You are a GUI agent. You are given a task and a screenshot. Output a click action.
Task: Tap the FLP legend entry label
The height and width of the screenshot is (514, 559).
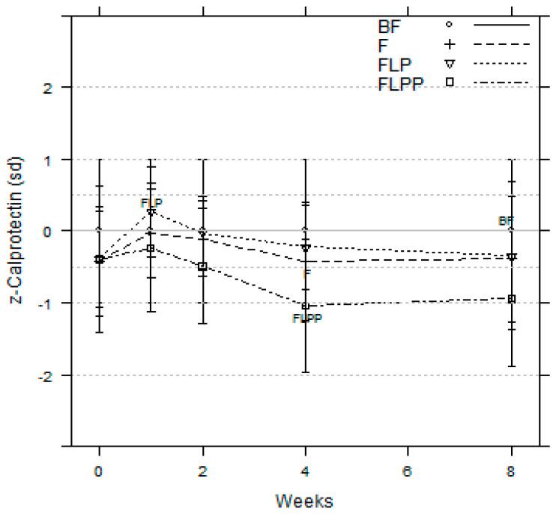(395, 63)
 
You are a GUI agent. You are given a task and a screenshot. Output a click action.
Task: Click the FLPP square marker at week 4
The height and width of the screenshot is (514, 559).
(306, 306)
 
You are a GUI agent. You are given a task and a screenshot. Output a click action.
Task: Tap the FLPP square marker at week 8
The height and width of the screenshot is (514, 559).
(512, 299)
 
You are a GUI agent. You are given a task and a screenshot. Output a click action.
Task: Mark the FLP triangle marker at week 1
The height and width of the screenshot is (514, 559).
(151, 212)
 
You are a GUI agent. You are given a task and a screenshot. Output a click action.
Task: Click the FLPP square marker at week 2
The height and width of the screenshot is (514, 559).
(202, 267)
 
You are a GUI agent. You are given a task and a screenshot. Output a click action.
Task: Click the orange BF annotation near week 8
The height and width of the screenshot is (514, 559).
(507, 220)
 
